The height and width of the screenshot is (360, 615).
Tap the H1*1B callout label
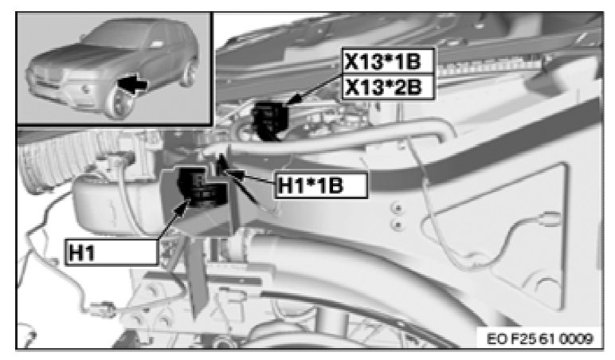[320, 185]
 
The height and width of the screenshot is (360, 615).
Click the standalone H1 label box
[112, 252]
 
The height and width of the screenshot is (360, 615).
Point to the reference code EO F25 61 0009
[539, 338]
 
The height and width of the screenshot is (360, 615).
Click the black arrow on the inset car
[132, 84]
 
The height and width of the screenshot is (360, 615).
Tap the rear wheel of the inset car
[189, 72]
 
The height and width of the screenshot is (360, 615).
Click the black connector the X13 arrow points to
[270, 121]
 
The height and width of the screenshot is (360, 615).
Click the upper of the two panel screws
[398, 207]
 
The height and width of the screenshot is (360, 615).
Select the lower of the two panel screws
[398, 225]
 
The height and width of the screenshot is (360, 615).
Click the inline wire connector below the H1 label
[104, 308]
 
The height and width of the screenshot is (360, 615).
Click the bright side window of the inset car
[158, 43]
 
